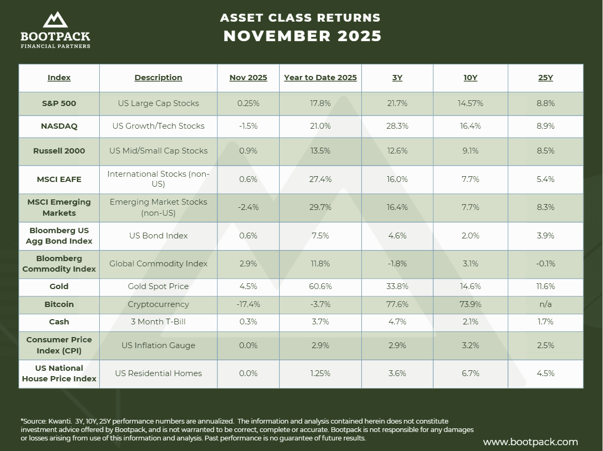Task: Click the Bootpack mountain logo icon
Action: [x=55, y=20]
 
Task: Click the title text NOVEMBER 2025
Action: [x=302, y=36]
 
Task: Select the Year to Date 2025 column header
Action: [x=320, y=78]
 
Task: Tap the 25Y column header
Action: [x=545, y=78]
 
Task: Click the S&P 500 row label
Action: [x=59, y=103]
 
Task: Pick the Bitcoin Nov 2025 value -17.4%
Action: [x=248, y=304]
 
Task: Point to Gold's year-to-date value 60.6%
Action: [x=320, y=286]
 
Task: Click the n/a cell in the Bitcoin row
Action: [x=545, y=304]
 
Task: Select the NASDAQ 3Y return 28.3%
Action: [x=397, y=126]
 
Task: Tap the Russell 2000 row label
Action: [x=59, y=151]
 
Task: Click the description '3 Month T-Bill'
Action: [x=158, y=322]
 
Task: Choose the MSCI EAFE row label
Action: [x=59, y=179]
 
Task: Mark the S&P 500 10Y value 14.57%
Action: [x=470, y=103]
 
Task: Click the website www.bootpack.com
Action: [x=530, y=442]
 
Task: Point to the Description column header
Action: [x=158, y=78]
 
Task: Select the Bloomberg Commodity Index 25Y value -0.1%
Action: [x=545, y=264]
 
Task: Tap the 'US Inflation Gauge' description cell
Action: [x=158, y=346]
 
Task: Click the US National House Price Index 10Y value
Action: [x=470, y=373]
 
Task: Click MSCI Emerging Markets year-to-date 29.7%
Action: [x=320, y=207]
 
